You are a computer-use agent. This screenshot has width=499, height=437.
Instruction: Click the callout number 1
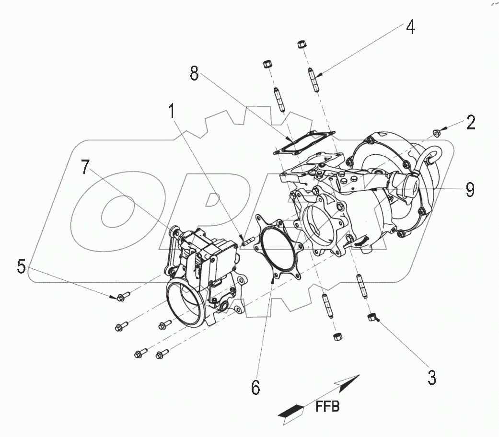pyautogui.click(x=171, y=113)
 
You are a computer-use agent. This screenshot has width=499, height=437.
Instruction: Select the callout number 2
pyautogui.click(x=471, y=123)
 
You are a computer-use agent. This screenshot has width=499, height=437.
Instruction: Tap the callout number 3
pyautogui.click(x=431, y=377)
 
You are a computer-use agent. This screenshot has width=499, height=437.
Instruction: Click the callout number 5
pyautogui.click(x=22, y=266)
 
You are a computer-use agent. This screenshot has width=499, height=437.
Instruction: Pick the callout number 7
pyautogui.click(x=84, y=167)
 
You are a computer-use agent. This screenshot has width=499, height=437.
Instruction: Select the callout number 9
pyautogui.click(x=470, y=190)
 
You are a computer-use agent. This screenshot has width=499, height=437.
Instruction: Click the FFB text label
pyautogui.click(x=327, y=407)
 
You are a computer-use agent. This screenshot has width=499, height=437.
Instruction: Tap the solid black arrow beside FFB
pyautogui.click(x=291, y=411)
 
